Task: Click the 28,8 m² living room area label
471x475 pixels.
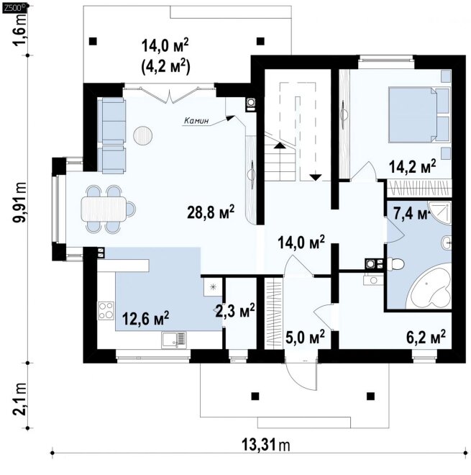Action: click(x=211, y=212)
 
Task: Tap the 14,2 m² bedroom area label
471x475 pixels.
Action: click(x=412, y=166)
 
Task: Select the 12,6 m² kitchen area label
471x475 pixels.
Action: click(x=145, y=318)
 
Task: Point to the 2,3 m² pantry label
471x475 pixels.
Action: click(x=235, y=311)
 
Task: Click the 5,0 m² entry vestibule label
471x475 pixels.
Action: click(x=305, y=337)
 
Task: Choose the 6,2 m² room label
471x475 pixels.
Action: click(x=426, y=337)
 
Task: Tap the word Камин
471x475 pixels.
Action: click(x=196, y=121)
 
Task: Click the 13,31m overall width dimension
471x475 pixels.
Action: click(x=266, y=445)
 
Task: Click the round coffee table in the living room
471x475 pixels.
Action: click(x=143, y=135)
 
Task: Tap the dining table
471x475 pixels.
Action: click(x=104, y=209)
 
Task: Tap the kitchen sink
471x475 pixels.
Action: click(x=174, y=340)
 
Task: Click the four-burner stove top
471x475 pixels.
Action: click(x=106, y=310)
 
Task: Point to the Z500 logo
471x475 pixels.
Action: click(x=15, y=8)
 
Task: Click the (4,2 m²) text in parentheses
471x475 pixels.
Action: click(x=165, y=66)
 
